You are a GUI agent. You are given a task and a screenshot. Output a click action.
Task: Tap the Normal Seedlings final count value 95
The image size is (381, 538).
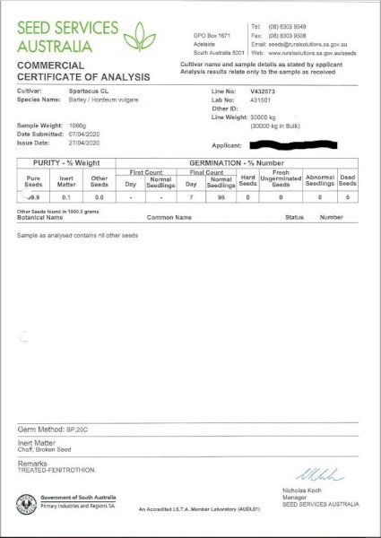click(x=220, y=195)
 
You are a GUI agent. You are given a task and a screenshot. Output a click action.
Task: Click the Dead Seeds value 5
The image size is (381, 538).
click(x=347, y=195)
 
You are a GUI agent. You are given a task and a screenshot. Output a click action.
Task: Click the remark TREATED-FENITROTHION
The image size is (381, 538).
click(x=54, y=470)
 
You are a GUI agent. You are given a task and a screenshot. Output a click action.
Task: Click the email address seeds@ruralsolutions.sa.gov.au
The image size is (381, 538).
click(x=312, y=43)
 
